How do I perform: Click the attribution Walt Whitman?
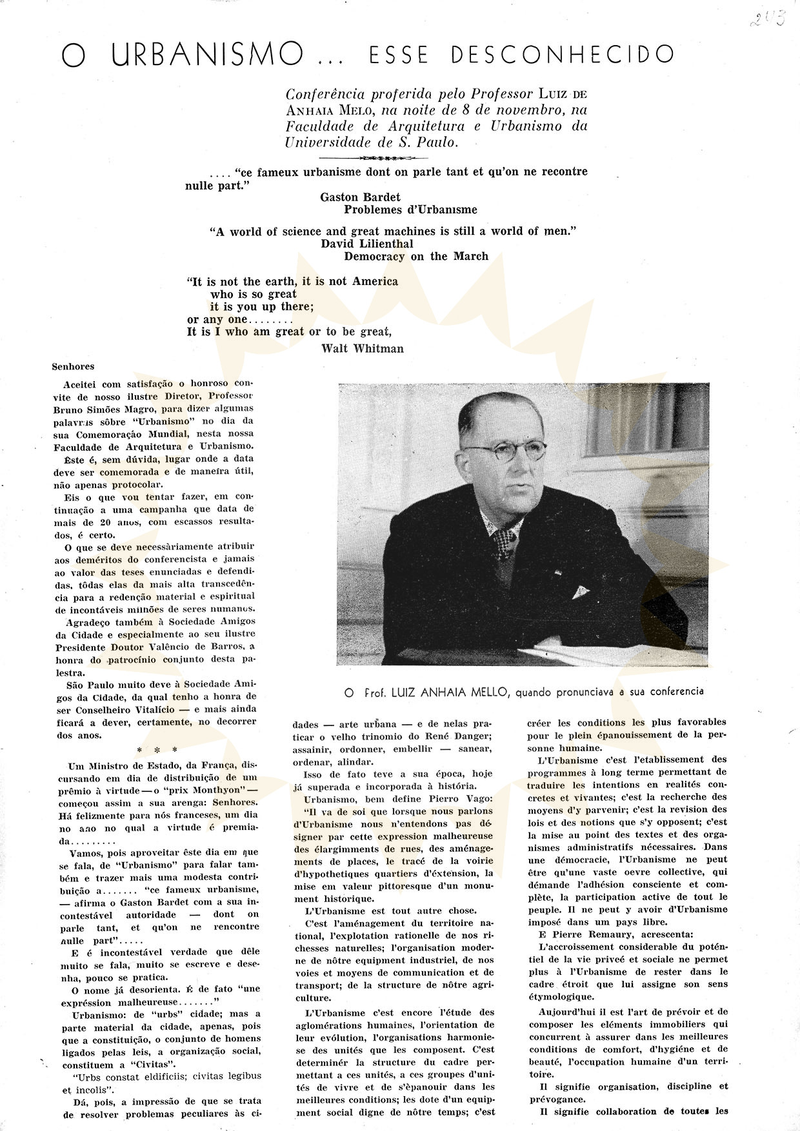(x=362, y=348)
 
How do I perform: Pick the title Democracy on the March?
(x=416, y=256)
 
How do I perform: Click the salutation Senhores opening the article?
(x=73, y=367)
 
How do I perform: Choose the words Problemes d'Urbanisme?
(x=410, y=209)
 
